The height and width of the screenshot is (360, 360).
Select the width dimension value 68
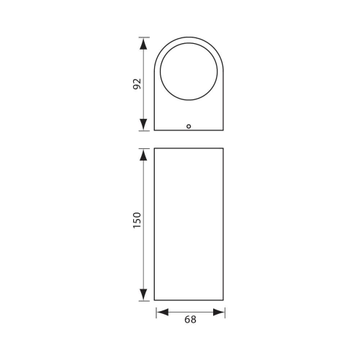[190, 322]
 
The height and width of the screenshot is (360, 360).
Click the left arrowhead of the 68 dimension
[161, 312]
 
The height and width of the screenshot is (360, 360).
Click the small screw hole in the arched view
[189, 126]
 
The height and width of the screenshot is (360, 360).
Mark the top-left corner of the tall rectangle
[156, 148]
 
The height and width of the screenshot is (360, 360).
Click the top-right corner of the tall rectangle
[225, 148]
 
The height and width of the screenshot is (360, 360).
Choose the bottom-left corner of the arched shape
[156, 131]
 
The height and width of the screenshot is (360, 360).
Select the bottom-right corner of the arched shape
[225, 131]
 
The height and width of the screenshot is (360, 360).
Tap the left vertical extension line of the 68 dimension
[156, 311]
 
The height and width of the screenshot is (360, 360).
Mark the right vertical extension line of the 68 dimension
[225, 311]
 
